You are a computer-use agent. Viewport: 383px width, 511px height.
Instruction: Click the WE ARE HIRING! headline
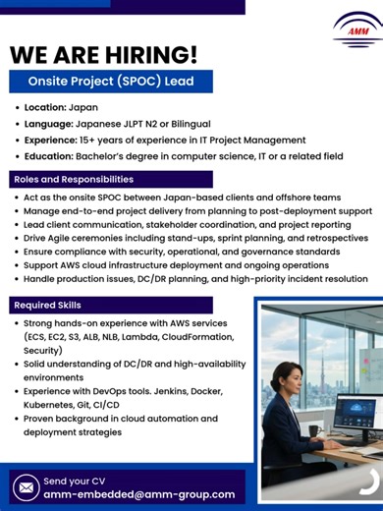pos(103,54)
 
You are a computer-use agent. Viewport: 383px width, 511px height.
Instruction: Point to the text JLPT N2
pos(170,124)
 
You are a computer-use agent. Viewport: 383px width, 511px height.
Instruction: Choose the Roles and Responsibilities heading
pos(73,179)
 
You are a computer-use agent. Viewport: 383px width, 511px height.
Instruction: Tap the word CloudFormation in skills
pos(197,335)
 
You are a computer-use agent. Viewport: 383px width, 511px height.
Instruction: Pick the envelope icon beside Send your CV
pos(27,486)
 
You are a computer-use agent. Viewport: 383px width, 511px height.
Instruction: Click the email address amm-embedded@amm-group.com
pos(139,494)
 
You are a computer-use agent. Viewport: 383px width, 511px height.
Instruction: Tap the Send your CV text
pos(75,480)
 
